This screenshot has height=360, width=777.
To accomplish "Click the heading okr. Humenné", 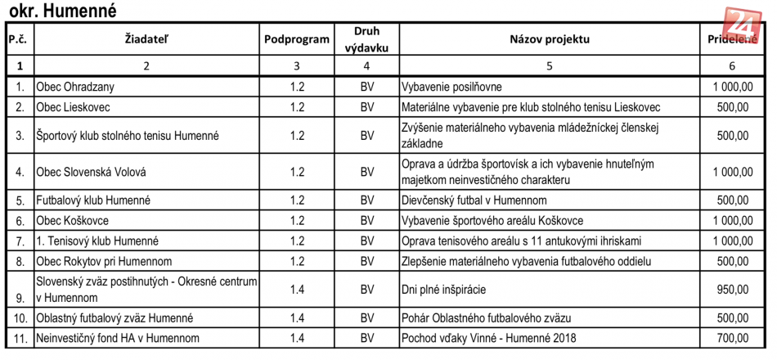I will [x=61, y=11].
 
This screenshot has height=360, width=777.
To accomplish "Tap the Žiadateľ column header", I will [x=146, y=39].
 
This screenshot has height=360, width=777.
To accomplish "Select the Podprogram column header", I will [x=297, y=39].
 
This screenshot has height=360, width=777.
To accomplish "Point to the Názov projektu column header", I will [x=549, y=39].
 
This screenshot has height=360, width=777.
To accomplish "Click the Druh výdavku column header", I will [x=366, y=39].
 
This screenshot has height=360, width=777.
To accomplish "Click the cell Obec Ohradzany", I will [x=75, y=86].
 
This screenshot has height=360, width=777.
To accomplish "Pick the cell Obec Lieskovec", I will [x=73, y=106].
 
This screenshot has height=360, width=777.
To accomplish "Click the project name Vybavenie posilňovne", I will [x=451, y=86].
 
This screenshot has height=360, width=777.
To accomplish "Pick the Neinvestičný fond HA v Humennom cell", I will [x=117, y=338].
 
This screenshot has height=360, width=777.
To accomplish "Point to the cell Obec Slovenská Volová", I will [x=91, y=172].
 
